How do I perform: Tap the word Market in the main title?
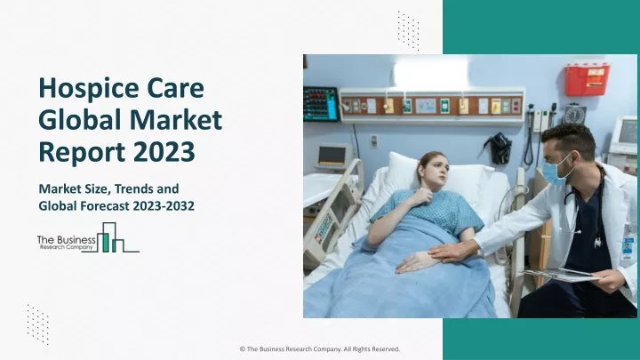pyautogui.click(x=176, y=120)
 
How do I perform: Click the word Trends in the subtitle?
pyautogui.click(x=132, y=188)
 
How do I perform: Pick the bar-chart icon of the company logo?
pyautogui.click(x=111, y=237)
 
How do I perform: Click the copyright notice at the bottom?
pyautogui.click(x=320, y=349)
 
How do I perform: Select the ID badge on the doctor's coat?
pyautogui.click(x=627, y=250)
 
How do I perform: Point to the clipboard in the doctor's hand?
pyautogui.click(x=559, y=275)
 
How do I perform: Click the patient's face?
pyautogui.click(x=435, y=171)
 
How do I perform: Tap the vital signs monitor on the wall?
pyautogui.click(x=321, y=104)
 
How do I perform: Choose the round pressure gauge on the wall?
pyautogui.click(x=575, y=115)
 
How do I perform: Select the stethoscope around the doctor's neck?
pyautogui.click(x=584, y=207)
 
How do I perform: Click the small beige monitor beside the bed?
pyautogui.click(x=333, y=156)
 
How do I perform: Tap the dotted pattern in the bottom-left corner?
pyautogui.click(x=38, y=324)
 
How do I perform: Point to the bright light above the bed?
pyautogui.click(x=430, y=73)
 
